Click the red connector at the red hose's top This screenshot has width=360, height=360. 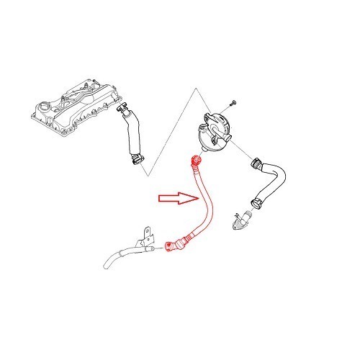pyautogui.click(x=193, y=160)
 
